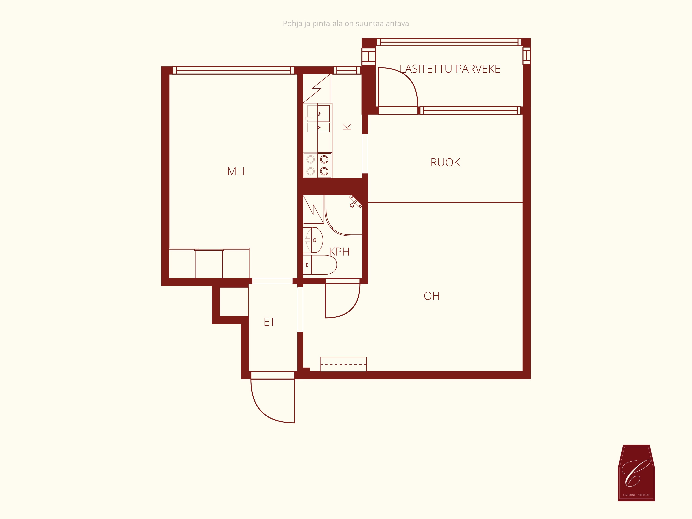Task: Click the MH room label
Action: point(236,171)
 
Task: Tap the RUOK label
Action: point(445,162)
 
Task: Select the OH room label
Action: point(432,296)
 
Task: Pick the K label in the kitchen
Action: point(347,127)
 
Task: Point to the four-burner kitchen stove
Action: point(317,165)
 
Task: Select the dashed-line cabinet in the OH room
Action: point(344,364)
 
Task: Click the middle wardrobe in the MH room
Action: point(209,264)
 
